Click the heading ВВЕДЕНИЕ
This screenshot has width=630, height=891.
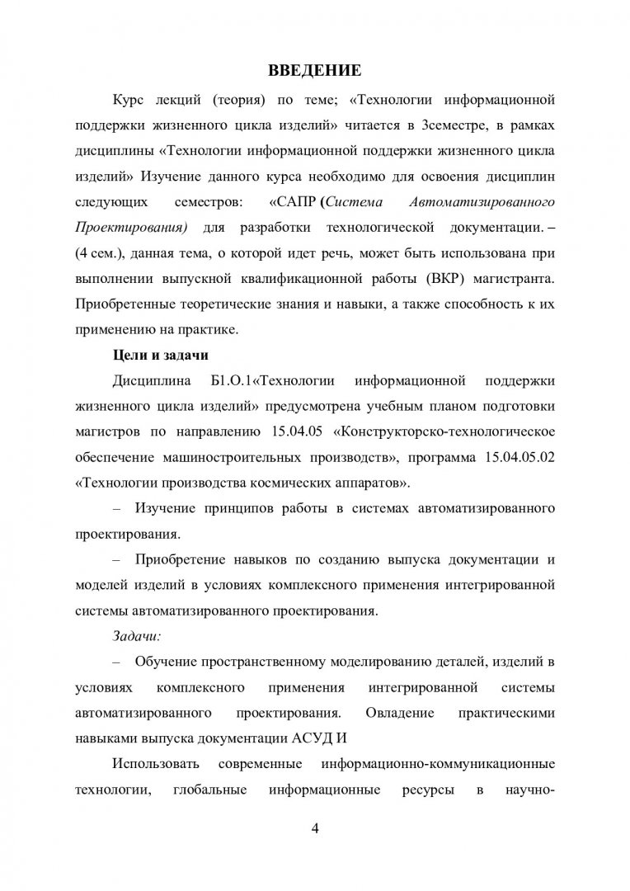pyautogui.click(x=314, y=68)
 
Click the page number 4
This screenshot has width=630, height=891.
pyautogui.click(x=314, y=828)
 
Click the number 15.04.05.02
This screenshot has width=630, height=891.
pyautogui.click(x=515, y=458)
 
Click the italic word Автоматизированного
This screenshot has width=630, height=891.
pyautogui.click(x=493, y=202)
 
